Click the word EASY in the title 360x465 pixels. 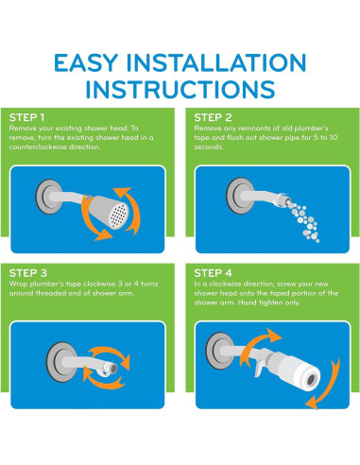click(x=86, y=62)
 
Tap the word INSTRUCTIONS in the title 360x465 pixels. click(x=180, y=89)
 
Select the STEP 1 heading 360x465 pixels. click(x=26, y=117)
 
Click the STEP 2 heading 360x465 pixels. click(x=213, y=117)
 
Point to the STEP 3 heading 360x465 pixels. click(x=28, y=273)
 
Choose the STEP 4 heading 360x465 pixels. click(x=213, y=273)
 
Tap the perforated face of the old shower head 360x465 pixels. click(x=118, y=215)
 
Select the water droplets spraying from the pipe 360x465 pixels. click(x=304, y=222)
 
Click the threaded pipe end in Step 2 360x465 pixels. click(x=282, y=200)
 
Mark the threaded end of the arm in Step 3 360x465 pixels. click(x=111, y=369)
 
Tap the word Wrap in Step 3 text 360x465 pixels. click(x=17, y=284)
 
